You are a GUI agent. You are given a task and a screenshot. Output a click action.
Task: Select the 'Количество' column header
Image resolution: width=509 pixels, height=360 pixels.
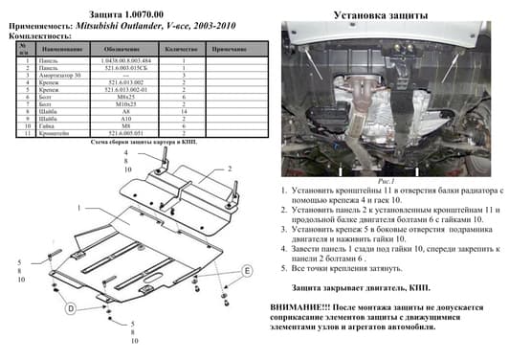tap(182, 47)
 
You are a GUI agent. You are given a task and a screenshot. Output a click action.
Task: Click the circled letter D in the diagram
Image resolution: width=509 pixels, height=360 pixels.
tap(71, 309)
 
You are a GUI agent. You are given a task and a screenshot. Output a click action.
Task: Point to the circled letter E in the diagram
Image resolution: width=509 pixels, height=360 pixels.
tap(247, 271)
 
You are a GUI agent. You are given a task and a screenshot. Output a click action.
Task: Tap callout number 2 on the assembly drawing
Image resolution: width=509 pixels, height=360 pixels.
tap(230, 167)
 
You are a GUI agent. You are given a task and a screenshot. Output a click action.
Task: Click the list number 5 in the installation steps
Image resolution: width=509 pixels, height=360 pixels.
tap(284, 269)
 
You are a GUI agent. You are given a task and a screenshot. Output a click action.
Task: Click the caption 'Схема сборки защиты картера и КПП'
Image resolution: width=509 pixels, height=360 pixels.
tap(144, 142)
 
